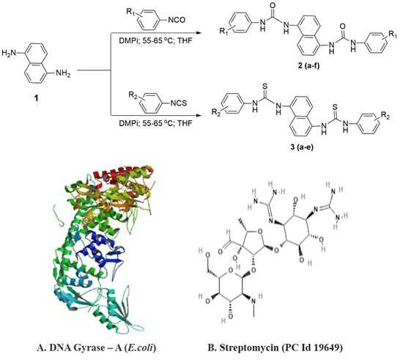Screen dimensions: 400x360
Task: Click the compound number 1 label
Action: coord(36,98)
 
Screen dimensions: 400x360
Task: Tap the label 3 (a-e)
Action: coord(302,147)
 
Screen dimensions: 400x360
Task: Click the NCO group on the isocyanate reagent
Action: coord(177,20)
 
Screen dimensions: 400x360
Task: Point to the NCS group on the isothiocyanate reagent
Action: coord(179,103)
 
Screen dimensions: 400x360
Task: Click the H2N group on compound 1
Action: coord(9,53)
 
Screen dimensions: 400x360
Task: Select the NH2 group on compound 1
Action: coord(63,73)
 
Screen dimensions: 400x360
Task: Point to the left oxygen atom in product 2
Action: coord(273,5)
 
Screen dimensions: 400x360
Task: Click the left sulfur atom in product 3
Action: coord(264,87)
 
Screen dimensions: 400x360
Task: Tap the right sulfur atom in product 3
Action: coord(335,107)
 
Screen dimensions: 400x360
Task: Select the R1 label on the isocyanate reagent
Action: coord(130,12)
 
